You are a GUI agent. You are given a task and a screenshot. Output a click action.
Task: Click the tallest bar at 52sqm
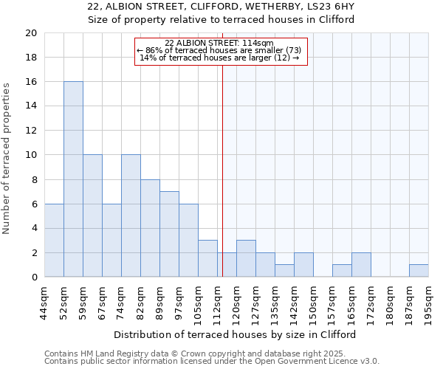coord(73,179)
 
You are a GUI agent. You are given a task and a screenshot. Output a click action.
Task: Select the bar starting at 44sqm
coord(54,241)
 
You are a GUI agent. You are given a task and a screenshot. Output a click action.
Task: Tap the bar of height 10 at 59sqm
coord(92,216)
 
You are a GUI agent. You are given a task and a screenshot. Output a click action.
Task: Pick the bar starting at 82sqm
coord(150,228)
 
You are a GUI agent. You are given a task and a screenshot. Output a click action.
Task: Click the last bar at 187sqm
coord(419,271)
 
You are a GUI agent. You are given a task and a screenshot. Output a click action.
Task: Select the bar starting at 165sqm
coord(361,265)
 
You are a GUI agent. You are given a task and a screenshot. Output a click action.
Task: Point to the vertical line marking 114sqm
coord(222,170)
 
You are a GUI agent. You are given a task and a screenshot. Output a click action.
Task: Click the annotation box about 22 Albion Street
coord(219,51)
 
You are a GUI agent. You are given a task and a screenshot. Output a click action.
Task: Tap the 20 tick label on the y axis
coord(30,33)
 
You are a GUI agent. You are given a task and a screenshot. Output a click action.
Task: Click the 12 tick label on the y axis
coord(30,131)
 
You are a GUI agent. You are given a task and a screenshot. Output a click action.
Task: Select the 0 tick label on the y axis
coord(33,277)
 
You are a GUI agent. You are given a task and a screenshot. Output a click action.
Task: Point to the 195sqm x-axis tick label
coord(428,303)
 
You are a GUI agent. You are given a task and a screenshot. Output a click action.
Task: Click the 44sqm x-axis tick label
coord(44,303)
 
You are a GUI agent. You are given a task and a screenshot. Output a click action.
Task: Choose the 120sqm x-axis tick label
coord(236,303)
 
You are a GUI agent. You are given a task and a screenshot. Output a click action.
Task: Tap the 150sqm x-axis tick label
coord(313,303)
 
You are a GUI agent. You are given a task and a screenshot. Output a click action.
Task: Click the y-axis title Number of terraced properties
coord(7,158)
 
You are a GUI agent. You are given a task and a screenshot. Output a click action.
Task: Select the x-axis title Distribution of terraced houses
coord(235,334)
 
